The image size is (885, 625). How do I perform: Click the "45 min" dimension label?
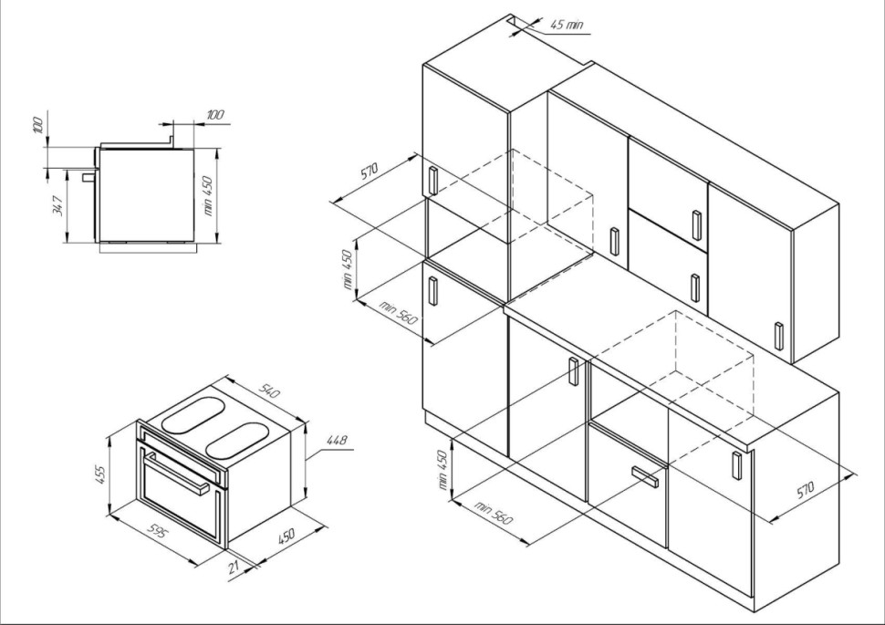(x=567, y=25)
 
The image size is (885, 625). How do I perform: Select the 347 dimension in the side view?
(x=57, y=205)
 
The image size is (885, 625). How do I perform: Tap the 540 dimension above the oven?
(x=268, y=391)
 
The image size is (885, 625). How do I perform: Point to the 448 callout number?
(x=337, y=440)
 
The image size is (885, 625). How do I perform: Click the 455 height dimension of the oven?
(x=99, y=474)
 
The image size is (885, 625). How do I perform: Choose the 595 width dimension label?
(x=157, y=531)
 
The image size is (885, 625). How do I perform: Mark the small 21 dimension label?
(x=234, y=567)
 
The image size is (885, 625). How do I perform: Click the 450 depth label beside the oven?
(x=286, y=536)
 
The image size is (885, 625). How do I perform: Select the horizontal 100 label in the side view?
(x=215, y=115)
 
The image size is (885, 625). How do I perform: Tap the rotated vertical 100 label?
(x=37, y=125)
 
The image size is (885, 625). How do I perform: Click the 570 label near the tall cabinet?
(x=370, y=171)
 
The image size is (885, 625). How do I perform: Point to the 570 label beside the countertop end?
(x=806, y=489)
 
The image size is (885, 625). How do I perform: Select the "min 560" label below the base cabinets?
(x=494, y=512)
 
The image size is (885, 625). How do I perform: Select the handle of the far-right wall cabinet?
(x=779, y=337)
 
